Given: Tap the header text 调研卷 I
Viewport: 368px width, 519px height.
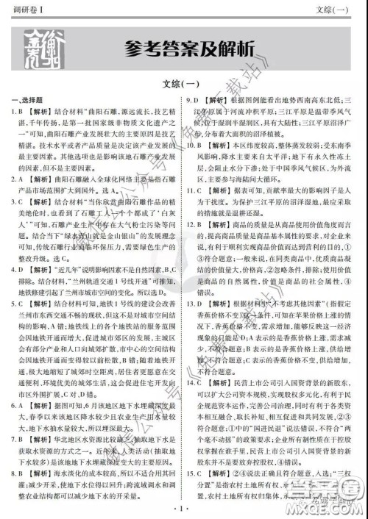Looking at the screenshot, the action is coord(21,8).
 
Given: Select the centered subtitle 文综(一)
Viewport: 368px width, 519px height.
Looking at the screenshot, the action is coord(183,84).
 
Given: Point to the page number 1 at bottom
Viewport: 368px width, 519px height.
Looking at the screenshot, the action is coord(184,507).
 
